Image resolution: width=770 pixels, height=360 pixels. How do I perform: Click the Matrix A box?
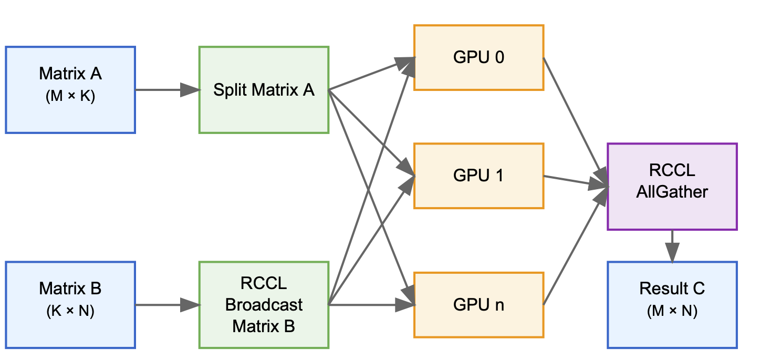[x=70, y=90]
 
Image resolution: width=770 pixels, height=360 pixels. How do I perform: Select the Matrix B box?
[x=70, y=304]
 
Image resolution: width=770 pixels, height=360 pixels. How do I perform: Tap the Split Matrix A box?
[x=264, y=90]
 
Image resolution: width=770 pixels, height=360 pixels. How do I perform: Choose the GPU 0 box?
[x=478, y=57]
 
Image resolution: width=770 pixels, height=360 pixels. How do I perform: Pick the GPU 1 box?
[x=478, y=176]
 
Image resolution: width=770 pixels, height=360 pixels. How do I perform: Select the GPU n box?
[x=478, y=305]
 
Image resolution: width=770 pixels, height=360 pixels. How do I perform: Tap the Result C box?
[x=672, y=304]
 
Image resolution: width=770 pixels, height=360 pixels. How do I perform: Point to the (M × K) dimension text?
[x=70, y=97]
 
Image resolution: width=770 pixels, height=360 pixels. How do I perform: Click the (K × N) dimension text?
[x=70, y=312]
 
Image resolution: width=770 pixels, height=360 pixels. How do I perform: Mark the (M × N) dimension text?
[x=672, y=312]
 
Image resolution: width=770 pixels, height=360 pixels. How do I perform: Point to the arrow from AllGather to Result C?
[x=672, y=245]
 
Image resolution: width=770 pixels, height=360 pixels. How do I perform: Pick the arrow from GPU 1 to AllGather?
[x=575, y=181]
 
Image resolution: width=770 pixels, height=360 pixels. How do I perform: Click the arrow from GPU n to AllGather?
[x=573, y=250]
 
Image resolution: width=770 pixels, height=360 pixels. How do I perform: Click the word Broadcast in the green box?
[x=264, y=305]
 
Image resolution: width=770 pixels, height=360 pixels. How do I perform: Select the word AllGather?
[x=672, y=192]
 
